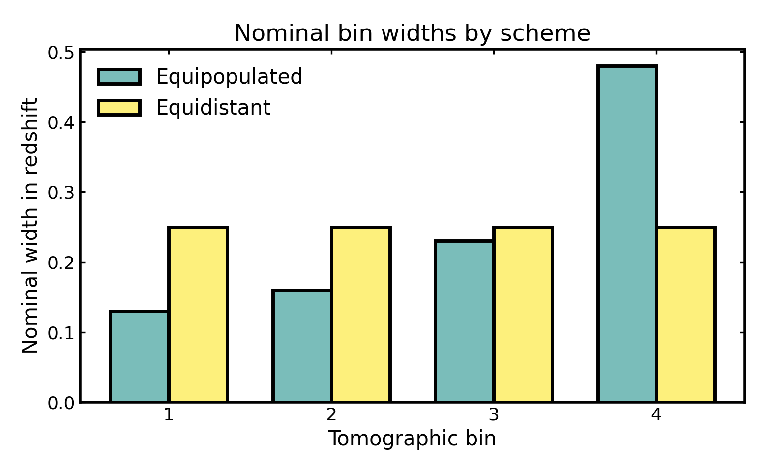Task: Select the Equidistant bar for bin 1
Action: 198,315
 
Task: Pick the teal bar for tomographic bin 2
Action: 302,346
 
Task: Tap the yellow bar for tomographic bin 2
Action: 361,315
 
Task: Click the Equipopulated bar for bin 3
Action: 465,322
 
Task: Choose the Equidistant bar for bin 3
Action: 523,315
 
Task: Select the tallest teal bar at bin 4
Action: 627,234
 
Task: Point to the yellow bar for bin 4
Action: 686,315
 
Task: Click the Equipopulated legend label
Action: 229,77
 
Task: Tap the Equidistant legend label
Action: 213,108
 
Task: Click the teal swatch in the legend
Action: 119,77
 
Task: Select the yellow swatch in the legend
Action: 119,108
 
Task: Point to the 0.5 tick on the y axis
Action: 60,52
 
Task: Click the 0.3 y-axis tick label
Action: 60,192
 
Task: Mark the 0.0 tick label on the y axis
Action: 60,403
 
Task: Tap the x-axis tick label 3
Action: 494,415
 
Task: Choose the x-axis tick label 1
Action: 169,415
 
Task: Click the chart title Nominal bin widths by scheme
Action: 412,33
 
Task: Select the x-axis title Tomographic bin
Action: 412,439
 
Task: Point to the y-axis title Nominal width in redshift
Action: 30,225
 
